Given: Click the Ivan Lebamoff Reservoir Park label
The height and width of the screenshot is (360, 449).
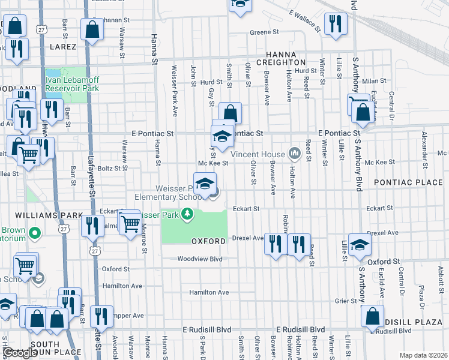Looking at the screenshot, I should click(x=72, y=83).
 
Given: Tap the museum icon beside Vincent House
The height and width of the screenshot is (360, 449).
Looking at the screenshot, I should click(x=294, y=154).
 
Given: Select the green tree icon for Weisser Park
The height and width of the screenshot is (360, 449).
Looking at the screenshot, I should click(x=188, y=214).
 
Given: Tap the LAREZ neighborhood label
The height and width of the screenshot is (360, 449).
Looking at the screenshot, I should click(x=59, y=47).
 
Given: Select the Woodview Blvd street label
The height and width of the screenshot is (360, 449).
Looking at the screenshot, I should click(x=199, y=259).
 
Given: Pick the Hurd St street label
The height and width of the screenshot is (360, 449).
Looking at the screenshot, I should click(x=211, y=82).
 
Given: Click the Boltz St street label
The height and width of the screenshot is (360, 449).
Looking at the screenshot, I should click(x=110, y=169).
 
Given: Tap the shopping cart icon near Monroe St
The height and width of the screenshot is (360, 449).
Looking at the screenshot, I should click(x=131, y=224).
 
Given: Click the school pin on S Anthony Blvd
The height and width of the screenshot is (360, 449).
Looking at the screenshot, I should click(x=360, y=245).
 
